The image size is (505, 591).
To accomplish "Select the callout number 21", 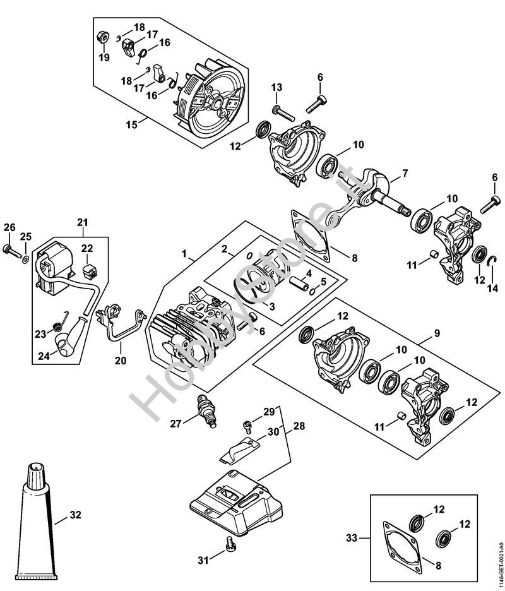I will pyautogui.click(x=83, y=222).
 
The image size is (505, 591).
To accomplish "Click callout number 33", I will pyautogui.click(x=351, y=538).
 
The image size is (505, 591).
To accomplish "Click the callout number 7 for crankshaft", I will pyautogui.click(x=405, y=172).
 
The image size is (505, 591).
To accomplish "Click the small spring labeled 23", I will pyautogui.click(x=56, y=325).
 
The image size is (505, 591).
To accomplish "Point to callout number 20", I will pyautogui.click(x=120, y=361).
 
